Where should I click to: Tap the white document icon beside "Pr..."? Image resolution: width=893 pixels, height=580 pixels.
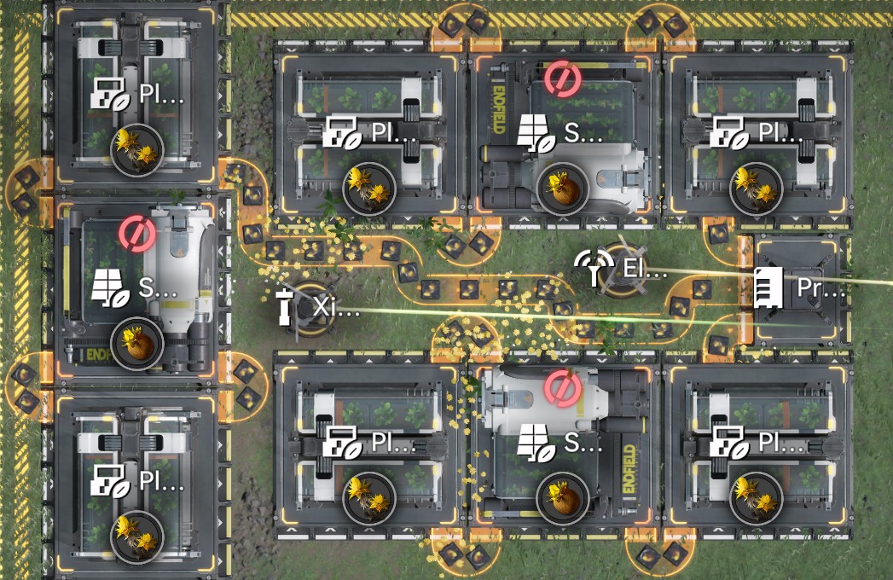click(768, 287)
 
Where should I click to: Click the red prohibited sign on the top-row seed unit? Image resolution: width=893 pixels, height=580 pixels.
click(563, 78)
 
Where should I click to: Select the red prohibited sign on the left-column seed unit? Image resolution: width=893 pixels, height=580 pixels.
click(136, 232)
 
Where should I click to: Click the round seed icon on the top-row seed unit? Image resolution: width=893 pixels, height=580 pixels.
click(563, 188)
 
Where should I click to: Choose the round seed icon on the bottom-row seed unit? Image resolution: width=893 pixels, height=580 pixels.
click(563, 498)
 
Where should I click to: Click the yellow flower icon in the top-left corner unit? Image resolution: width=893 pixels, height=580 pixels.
click(137, 150)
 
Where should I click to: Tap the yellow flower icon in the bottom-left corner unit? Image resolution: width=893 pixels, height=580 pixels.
click(137, 536)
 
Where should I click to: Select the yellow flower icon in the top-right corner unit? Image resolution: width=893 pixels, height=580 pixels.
click(756, 188)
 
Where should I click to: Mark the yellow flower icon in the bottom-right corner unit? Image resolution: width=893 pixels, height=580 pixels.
click(756, 498)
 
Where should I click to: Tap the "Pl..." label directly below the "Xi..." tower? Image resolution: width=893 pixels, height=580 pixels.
click(393, 442)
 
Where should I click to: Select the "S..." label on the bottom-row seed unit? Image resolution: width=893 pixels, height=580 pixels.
click(585, 442)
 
